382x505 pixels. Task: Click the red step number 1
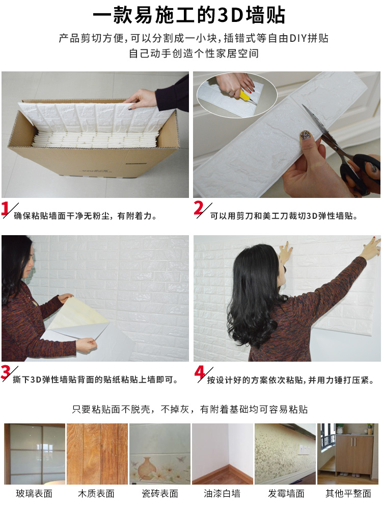[x=5, y=209]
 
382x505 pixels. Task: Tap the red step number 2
[x=199, y=208]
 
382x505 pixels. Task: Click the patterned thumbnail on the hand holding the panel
[x=305, y=136]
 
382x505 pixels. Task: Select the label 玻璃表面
[x=34, y=493]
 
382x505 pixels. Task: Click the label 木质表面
[x=96, y=493]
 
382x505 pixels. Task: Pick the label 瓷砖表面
[x=160, y=493]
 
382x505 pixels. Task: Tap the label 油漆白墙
[x=222, y=493]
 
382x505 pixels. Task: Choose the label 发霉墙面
[x=286, y=493]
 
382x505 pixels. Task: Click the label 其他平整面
[x=348, y=493]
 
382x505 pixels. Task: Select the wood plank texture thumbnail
[x=97, y=454]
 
